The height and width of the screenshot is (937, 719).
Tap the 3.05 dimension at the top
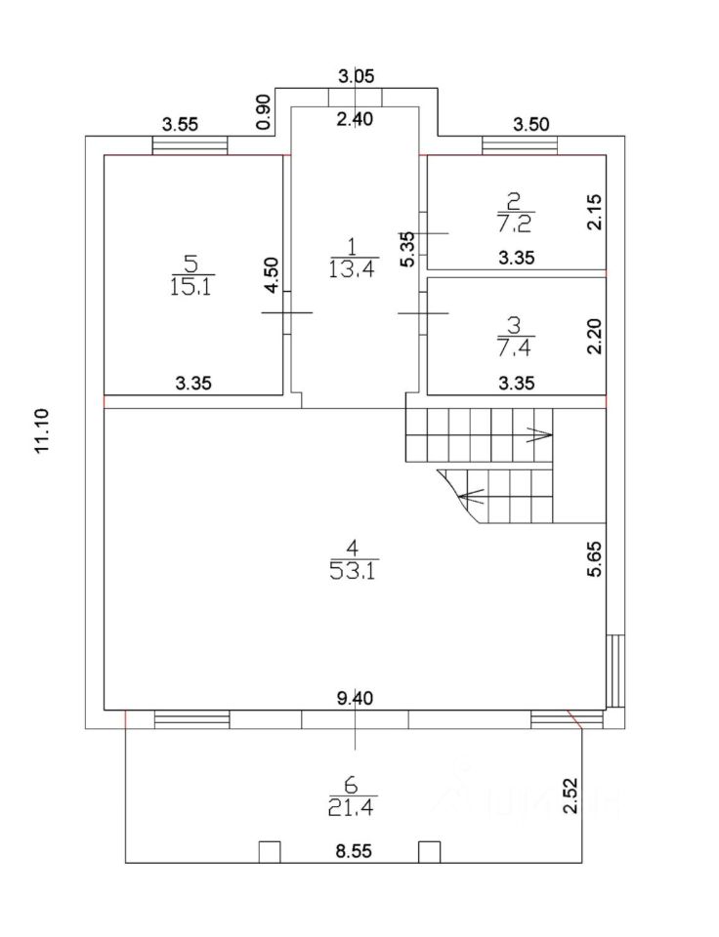(356, 76)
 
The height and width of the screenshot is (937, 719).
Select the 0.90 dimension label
(262, 112)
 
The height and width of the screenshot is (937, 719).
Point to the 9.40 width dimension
(355, 698)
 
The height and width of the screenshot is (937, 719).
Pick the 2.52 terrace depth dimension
(597, 789)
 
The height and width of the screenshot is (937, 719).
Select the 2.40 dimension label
(356, 119)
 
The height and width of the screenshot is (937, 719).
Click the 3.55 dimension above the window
(181, 124)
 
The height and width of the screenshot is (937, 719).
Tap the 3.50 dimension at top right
(531, 124)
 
